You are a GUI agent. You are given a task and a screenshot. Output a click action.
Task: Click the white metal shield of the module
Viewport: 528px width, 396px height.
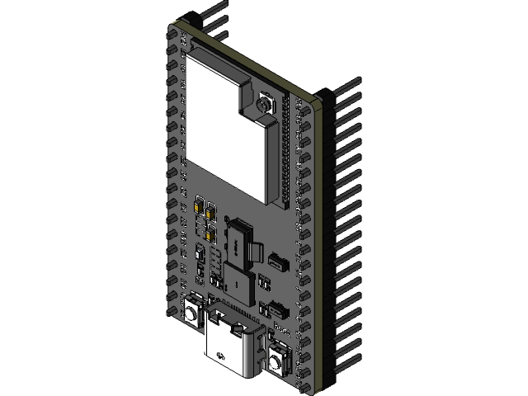(219, 124)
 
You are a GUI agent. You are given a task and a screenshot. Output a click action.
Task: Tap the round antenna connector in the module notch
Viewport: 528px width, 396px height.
(265, 105)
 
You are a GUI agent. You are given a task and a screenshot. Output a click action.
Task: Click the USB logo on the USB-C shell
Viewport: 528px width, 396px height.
(221, 356)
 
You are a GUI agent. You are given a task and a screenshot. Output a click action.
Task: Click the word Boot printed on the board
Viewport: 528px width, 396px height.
(280, 328)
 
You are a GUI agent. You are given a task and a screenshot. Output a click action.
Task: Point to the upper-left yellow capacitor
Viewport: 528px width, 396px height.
(200, 206)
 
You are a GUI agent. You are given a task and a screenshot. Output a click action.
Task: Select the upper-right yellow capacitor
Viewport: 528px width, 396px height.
(212, 211)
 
